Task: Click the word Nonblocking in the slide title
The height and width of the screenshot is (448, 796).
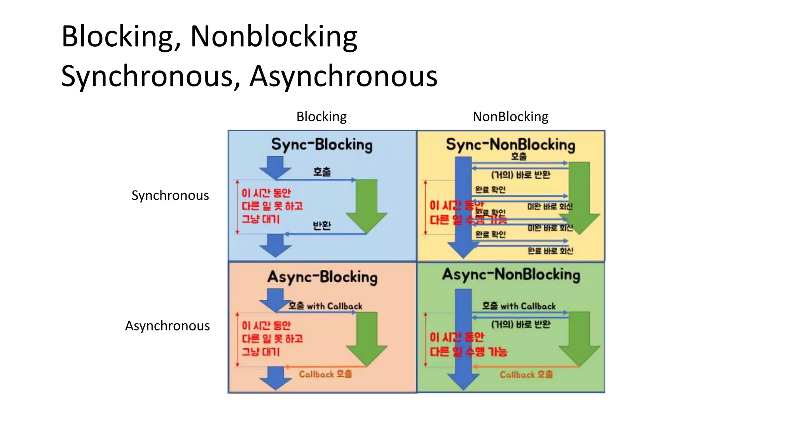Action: [x=274, y=37]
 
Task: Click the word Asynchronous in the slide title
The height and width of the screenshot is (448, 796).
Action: [x=343, y=76]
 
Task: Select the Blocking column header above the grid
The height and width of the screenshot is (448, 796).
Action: [x=321, y=117]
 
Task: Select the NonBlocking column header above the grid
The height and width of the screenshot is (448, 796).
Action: [x=510, y=117]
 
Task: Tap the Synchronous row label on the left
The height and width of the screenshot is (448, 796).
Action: [x=170, y=195]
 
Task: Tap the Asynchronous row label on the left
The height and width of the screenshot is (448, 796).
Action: [x=167, y=325]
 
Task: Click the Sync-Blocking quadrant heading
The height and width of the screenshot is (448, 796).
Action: [x=322, y=145]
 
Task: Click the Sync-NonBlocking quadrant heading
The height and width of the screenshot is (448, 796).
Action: [x=510, y=145]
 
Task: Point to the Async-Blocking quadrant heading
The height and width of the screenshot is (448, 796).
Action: [x=322, y=277]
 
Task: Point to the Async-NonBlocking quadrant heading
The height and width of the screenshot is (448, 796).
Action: [x=511, y=275]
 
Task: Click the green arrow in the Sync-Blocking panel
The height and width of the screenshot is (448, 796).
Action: [x=367, y=204]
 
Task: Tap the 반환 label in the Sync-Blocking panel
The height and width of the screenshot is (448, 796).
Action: [x=322, y=226]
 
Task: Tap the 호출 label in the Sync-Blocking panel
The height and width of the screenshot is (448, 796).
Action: [x=322, y=172]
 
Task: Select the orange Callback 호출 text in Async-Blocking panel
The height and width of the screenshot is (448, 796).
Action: [x=325, y=374]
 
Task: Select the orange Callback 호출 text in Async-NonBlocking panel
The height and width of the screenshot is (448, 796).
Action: [x=526, y=374]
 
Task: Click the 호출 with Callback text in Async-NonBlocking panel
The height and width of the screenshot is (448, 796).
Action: [x=519, y=306]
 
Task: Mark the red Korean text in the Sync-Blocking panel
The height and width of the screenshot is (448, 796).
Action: [x=271, y=206]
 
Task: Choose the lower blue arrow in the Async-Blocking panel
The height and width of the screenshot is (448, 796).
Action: [x=276, y=378]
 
